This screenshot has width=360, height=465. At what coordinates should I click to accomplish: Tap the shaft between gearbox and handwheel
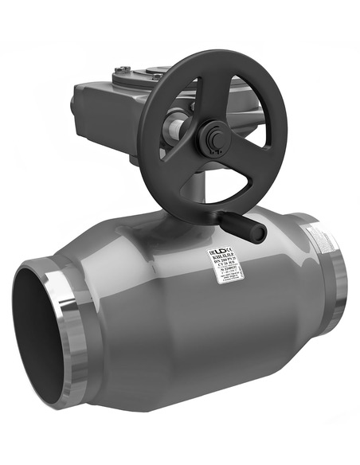click(x=177, y=127)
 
